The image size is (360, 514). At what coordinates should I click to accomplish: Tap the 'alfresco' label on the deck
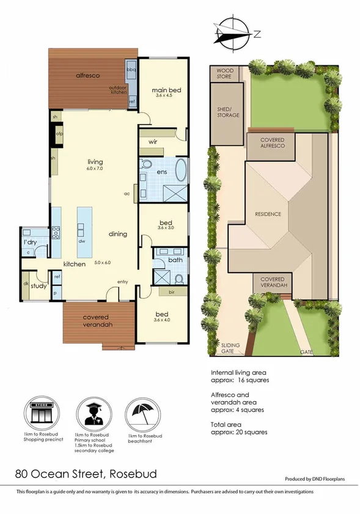[87, 75]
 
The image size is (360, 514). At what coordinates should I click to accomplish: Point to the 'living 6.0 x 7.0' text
[94, 164]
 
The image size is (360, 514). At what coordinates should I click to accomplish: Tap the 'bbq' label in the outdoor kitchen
[131, 70]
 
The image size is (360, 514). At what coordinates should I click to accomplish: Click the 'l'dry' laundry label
[29, 243]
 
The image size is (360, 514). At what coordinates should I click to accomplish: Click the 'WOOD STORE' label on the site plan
[225, 74]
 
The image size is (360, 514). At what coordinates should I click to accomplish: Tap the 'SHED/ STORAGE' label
[227, 112]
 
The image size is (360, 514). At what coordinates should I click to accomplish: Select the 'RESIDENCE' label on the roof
[268, 214]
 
